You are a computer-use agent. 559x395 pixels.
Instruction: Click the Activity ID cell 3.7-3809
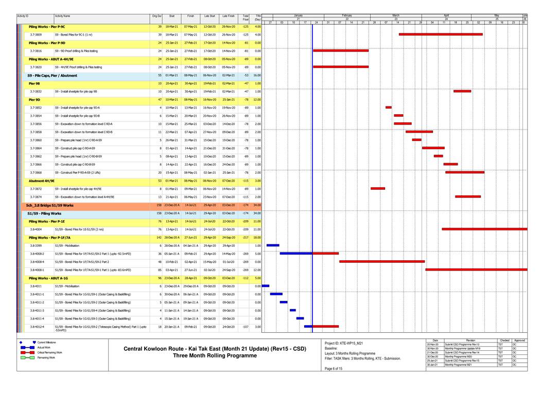click(x=36, y=34)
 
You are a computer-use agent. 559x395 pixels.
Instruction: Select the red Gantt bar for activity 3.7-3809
click(x=441, y=34)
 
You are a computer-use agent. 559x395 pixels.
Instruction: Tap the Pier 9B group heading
click(x=34, y=83)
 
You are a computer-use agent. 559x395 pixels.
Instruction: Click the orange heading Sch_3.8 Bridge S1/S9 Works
click(x=50, y=205)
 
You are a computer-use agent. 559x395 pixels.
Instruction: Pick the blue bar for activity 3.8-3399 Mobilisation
click(x=273, y=245)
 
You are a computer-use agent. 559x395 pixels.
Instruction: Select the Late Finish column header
click(x=229, y=16)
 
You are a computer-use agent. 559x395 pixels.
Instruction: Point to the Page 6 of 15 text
click(x=334, y=375)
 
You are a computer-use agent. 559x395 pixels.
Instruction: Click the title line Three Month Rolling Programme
click(x=215, y=355)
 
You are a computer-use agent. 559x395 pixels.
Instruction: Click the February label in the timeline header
click(x=346, y=16)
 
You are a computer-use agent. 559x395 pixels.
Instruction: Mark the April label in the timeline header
click(x=446, y=16)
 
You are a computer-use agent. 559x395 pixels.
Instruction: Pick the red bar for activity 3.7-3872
click(x=378, y=189)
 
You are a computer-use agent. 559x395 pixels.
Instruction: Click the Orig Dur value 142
click(x=159, y=237)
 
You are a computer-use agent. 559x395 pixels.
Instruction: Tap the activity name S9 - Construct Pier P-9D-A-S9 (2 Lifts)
click(x=79, y=172)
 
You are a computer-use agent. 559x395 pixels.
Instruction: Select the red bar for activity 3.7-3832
click(x=462, y=91)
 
